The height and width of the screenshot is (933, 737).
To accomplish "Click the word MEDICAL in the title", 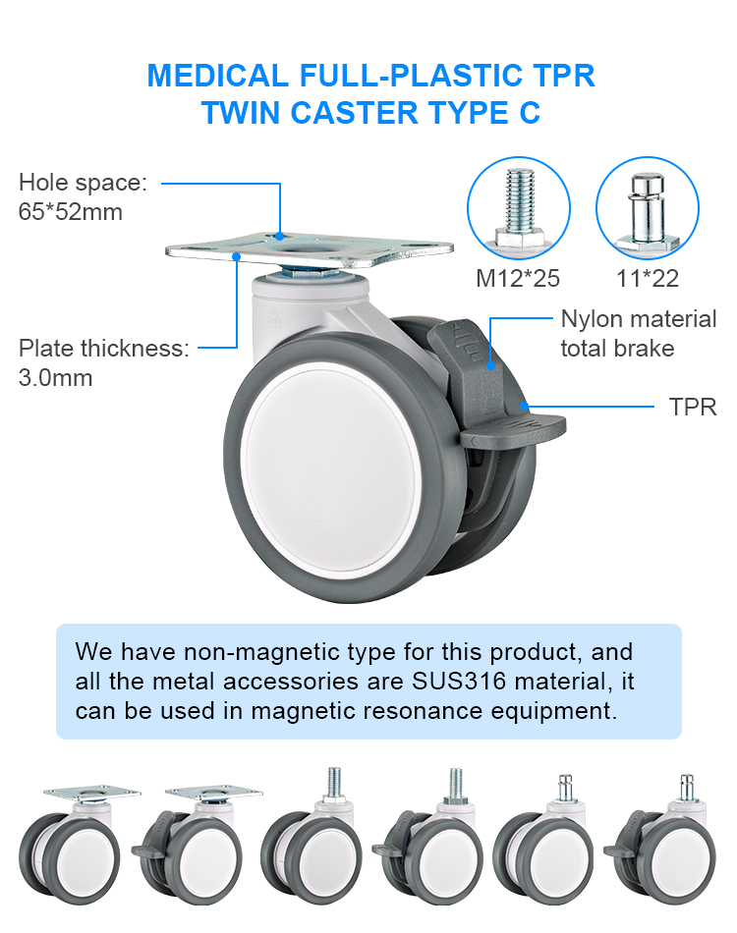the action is pos(217,77).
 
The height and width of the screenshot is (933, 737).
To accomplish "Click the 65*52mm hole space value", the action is pos(70,212).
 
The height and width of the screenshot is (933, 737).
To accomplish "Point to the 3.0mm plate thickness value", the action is pos(55,378).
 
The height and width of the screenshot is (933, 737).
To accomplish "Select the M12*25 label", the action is pos(517,279).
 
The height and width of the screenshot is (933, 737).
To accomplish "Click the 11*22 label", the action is pos(648,279).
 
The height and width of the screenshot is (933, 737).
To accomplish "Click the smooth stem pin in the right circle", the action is pos(648,210).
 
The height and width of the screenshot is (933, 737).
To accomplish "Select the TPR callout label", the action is pos(693,407).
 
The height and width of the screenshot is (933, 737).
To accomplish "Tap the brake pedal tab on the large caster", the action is pos(513,429).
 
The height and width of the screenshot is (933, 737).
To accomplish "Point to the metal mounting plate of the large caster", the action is pos(310,250).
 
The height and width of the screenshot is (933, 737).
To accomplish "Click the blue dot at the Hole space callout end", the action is pos(279,236).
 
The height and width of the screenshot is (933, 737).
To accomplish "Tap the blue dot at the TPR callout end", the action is pos(525,407).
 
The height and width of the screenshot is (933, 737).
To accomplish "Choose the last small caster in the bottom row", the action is pos(660,840).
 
